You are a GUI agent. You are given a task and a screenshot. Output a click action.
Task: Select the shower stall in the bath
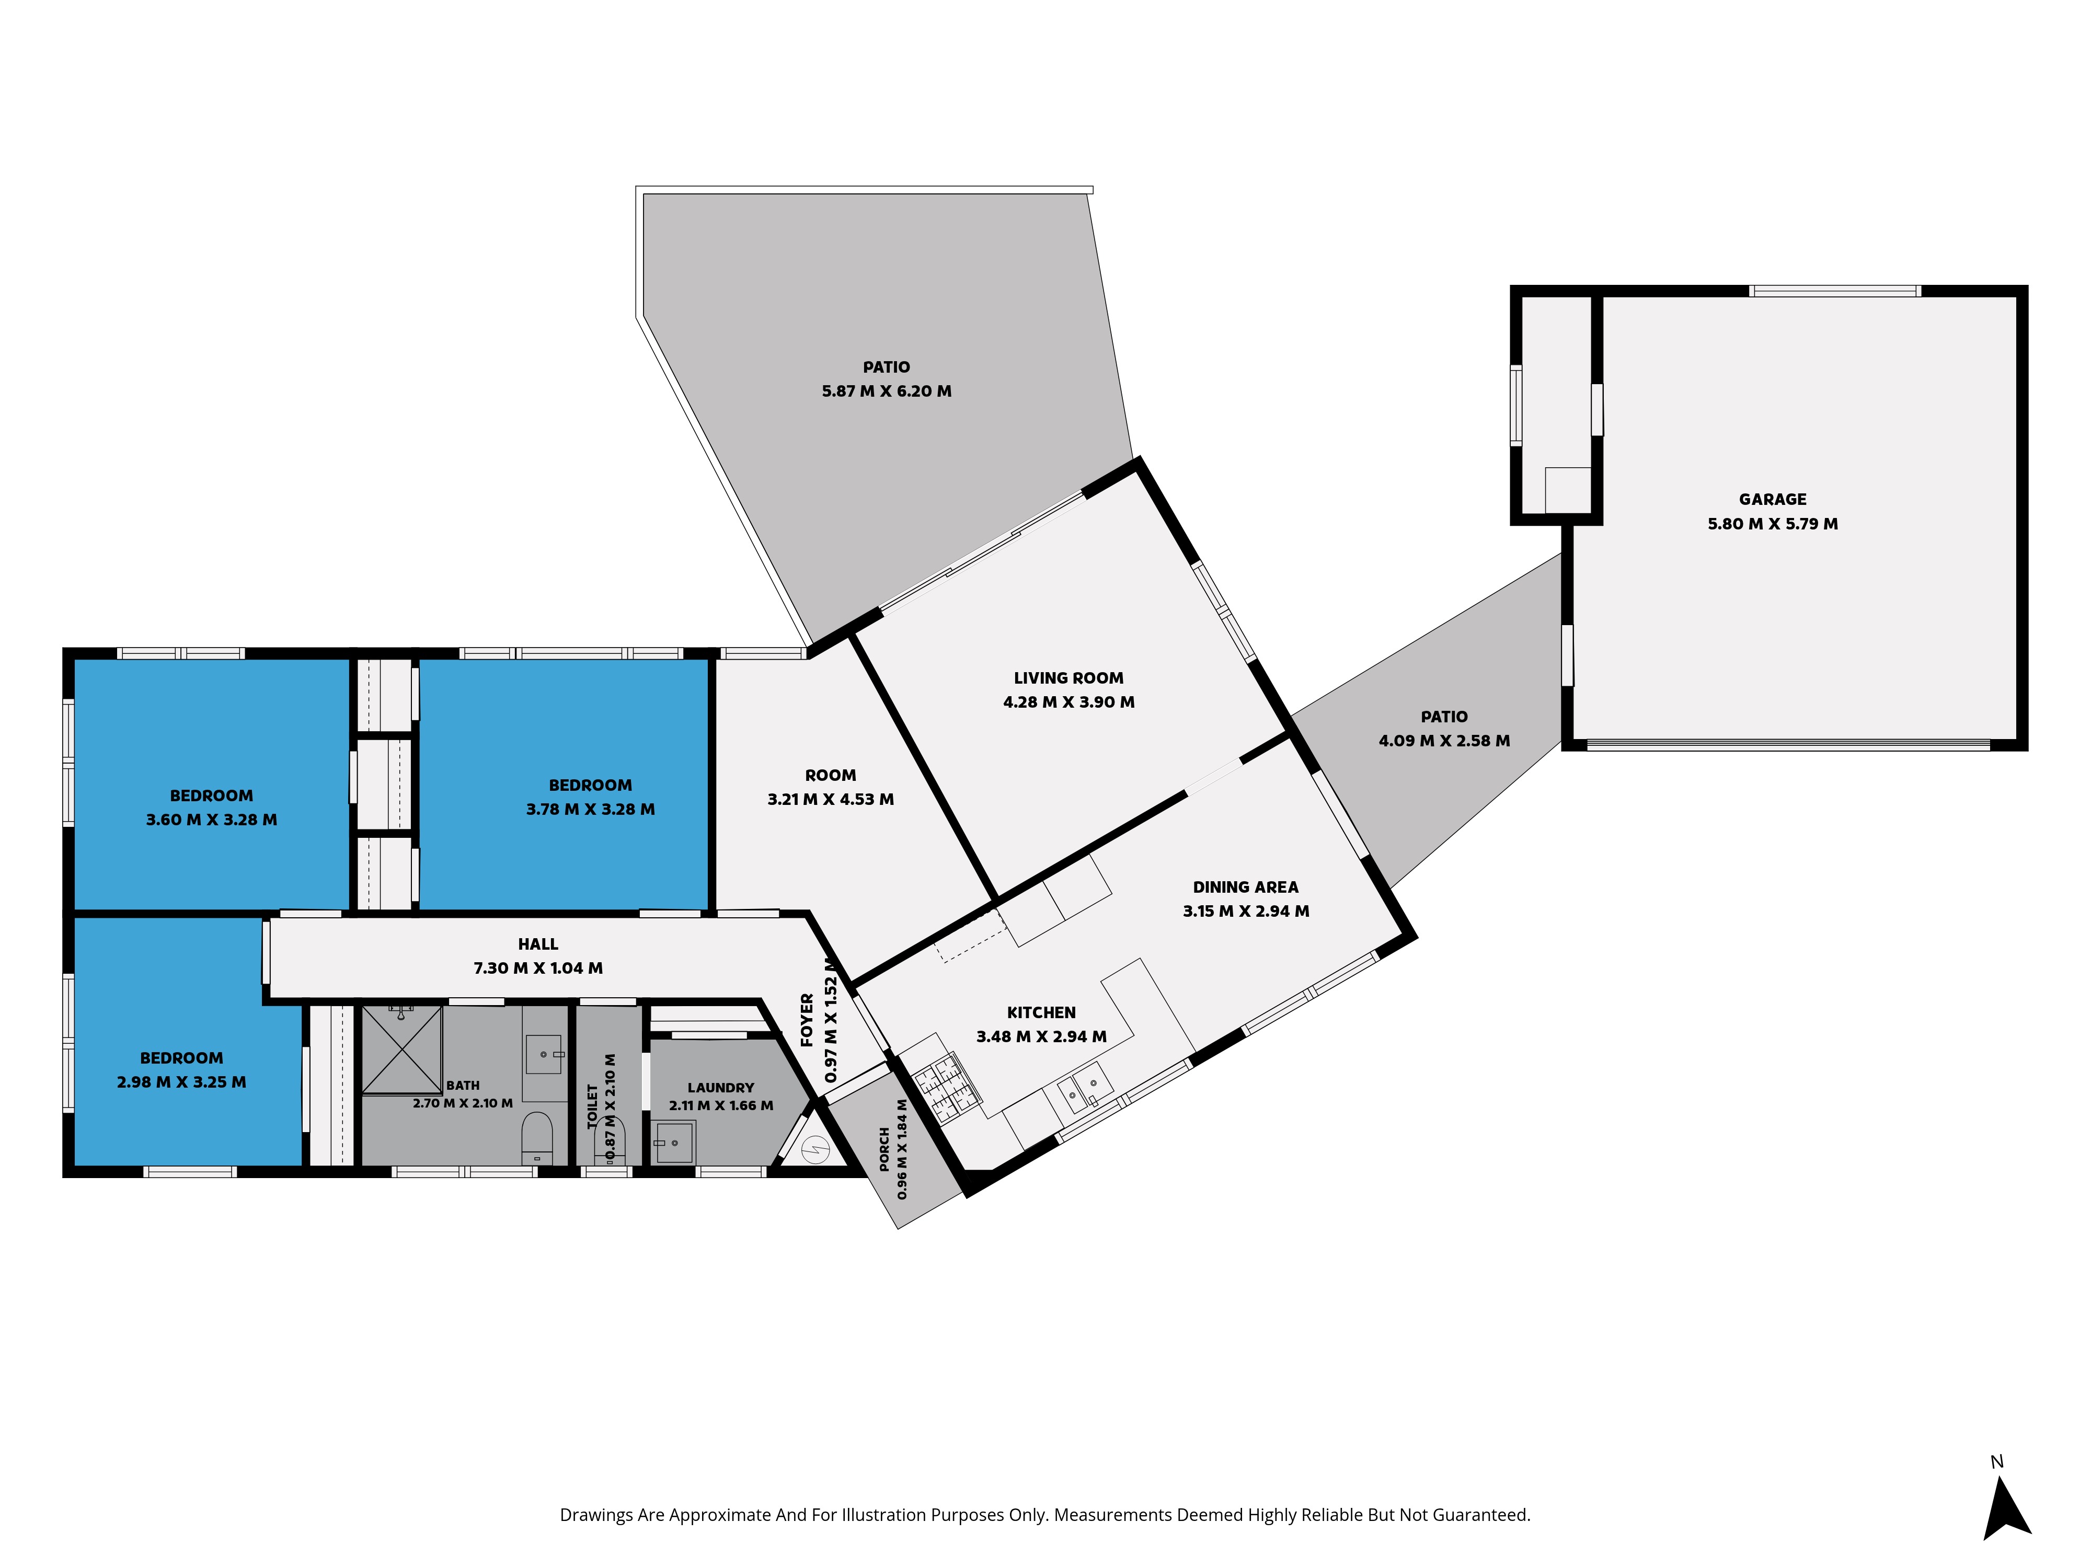pyautogui.click(x=402, y=1050)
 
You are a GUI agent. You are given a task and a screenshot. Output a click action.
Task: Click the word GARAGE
pyautogui.click(x=1773, y=499)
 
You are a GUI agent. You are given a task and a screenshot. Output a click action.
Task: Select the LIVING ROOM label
pyautogui.click(x=1068, y=678)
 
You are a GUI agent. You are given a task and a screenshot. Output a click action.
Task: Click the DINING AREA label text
pyautogui.click(x=1245, y=886)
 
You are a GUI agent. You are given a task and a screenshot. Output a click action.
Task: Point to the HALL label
pyautogui.click(x=538, y=943)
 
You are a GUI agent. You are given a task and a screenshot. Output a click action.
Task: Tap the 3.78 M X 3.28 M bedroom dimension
pyautogui.click(x=590, y=809)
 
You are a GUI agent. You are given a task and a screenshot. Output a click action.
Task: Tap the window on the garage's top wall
pyautogui.click(x=1835, y=290)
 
